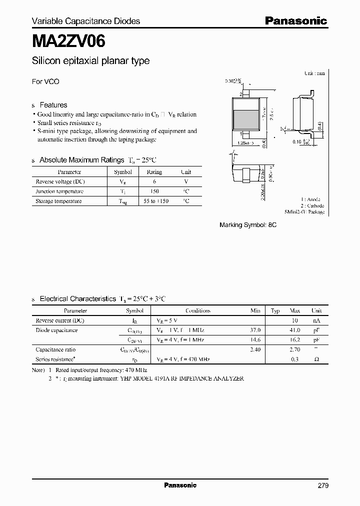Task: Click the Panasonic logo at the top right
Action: (295, 21)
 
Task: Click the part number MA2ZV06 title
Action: (68, 41)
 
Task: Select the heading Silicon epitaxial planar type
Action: (90, 61)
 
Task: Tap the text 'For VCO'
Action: (45, 81)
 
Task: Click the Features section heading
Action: (53, 105)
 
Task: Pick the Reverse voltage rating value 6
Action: (154, 181)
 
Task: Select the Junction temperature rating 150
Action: (154, 191)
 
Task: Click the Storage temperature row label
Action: (58, 201)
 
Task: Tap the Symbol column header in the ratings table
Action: (123, 171)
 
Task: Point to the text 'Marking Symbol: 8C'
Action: (248, 225)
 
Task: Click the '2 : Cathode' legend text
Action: (312, 205)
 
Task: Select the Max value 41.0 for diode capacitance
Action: (294, 330)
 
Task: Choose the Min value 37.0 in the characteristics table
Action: (255, 330)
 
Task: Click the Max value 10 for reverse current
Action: (295, 320)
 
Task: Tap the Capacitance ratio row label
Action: (55, 349)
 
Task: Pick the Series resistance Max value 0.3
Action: (295, 359)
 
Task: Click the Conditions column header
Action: (198, 310)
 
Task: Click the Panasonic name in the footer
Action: (180, 485)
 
